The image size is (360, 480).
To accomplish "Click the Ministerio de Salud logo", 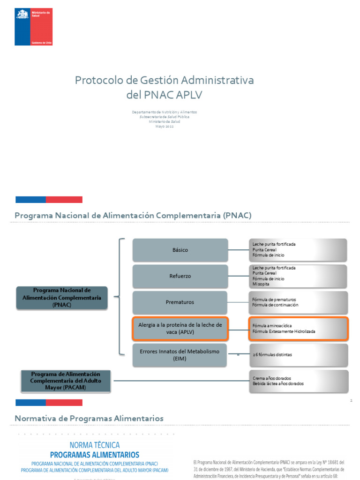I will pos(33,27).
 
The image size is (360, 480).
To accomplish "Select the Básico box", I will pos(180,250).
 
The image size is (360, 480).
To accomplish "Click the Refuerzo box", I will pos(180,276).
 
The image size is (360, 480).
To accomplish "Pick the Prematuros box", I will pos(180,302).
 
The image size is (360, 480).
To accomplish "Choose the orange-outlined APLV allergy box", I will pos(180,328).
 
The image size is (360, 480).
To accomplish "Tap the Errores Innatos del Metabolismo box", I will pos(180,355).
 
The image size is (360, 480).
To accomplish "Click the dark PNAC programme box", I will pos(61,298).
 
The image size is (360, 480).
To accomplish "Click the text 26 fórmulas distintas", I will pos(272,355).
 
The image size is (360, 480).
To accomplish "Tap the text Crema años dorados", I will pos(272,378).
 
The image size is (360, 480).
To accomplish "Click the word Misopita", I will pos(261,284).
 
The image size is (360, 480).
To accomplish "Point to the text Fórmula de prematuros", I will pos(274,300).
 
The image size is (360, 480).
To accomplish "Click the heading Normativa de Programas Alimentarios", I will pos(89,418).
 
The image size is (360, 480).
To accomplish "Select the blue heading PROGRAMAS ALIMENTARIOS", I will pos(95,455).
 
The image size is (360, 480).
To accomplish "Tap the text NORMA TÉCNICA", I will pos(95,445).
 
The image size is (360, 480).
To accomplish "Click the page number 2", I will pos(351,401).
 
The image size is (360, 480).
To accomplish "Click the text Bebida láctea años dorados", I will pos(278,383).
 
